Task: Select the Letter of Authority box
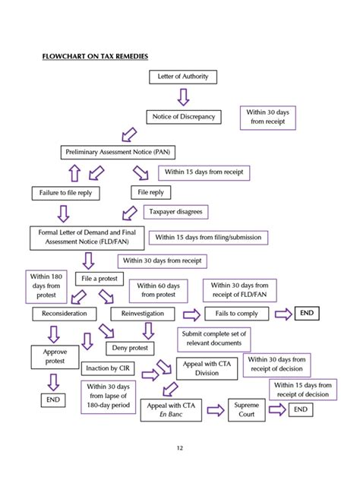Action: tap(182, 77)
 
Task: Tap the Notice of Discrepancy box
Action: tap(182, 116)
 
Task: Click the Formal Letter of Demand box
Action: tap(86, 237)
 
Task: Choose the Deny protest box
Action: tap(130, 348)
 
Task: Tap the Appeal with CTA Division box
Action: tap(207, 369)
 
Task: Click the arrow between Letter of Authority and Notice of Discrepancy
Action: tap(182, 96)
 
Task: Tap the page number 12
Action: tap(180, 447)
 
